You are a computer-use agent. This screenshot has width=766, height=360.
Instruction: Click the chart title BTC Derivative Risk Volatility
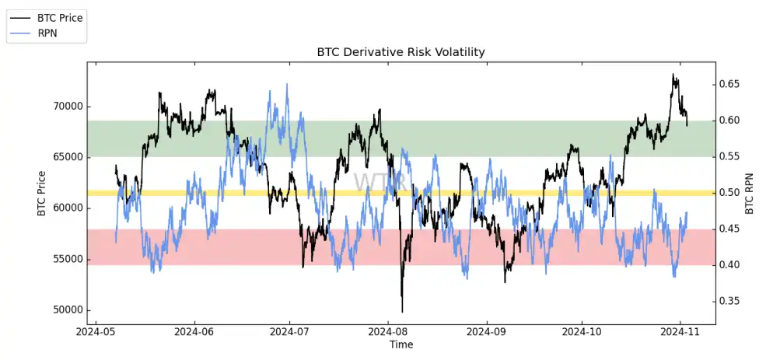(x=400, y=52)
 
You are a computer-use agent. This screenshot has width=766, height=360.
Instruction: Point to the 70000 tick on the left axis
(x=65, y=107)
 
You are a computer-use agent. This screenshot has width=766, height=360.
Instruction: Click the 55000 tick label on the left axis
(x=65, y=259)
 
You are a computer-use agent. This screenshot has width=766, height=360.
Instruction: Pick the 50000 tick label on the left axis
(x=65, y=309)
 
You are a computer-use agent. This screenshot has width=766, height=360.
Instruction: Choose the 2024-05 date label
(x=96, y=331)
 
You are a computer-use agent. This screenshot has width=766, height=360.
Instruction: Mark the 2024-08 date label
(x=389, y=331)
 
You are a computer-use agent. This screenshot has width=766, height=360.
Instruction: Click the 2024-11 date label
(x=680, y=331)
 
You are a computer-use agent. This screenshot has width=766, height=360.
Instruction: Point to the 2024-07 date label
(x=289, y=331)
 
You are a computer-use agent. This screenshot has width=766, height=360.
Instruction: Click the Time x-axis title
(x=400, y=344)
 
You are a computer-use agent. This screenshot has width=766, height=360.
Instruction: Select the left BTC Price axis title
(x=41, y=193)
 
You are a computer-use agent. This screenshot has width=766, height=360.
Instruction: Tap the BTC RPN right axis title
(x=750, y=193)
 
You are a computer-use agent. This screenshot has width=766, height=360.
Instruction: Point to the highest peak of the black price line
(x=673, y=75)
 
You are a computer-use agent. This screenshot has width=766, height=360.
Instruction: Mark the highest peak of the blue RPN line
(x=287, y=84)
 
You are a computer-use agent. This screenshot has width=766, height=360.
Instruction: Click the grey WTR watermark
(x=380, y=182)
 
